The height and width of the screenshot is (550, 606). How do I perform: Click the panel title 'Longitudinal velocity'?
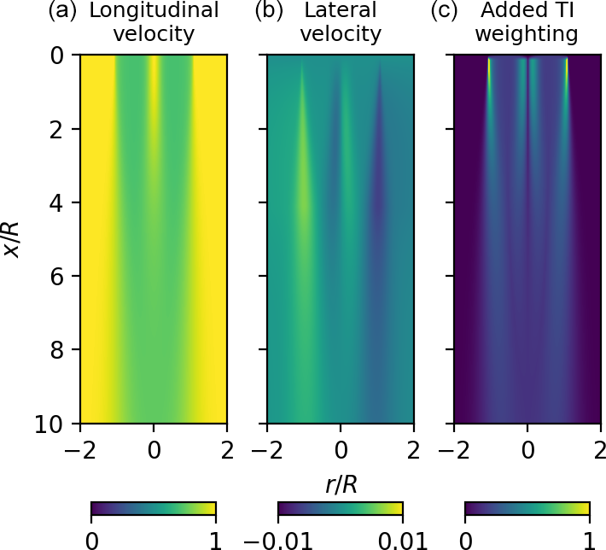click(154, 23)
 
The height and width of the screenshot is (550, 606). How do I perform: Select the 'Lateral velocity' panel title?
click(341, 23)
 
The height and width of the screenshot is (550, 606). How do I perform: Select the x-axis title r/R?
click(341, 485)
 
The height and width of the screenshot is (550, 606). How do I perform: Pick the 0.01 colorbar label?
click(403, 540)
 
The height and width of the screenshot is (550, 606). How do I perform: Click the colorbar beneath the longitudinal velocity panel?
click(153, 510)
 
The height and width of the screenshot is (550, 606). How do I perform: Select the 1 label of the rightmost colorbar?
click(590, 540)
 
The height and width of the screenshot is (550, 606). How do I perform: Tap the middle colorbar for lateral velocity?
click(341, 510)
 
